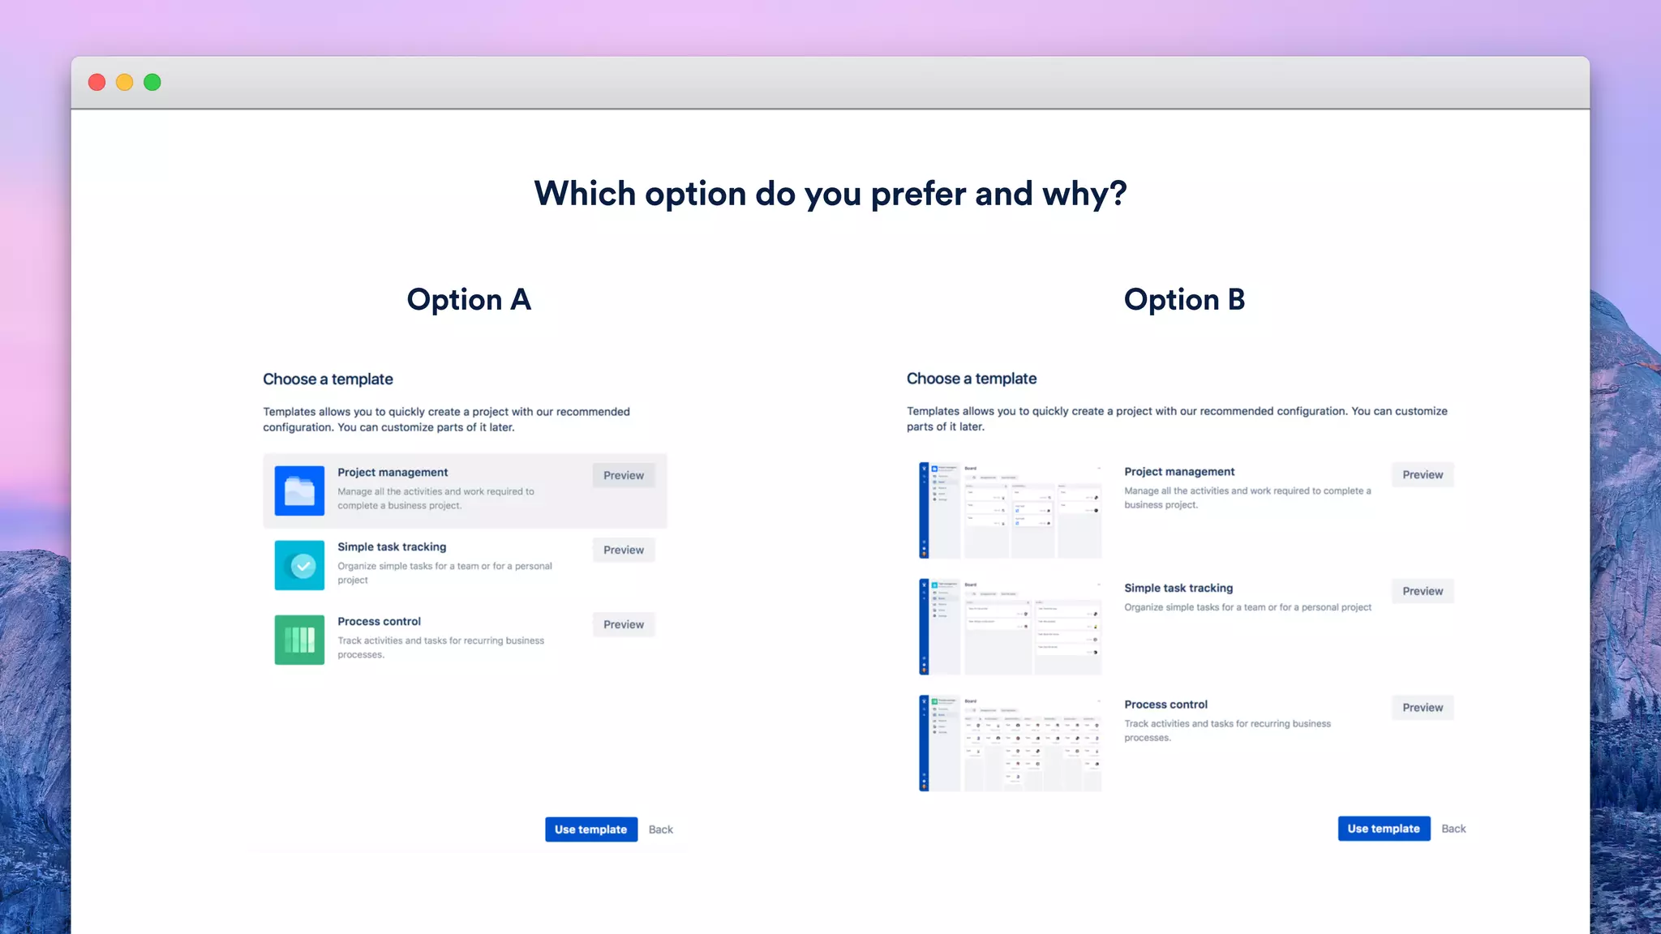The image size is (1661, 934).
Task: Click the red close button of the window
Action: [x=97, y=83]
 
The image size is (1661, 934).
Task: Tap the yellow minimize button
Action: [x=124, y=83]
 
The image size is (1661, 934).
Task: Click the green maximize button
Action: [x=152, y=83]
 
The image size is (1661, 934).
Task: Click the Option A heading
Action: [x=469, y=300]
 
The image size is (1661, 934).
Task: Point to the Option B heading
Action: [x=1184, y=300]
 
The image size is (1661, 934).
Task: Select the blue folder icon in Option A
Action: [x=299, y=491]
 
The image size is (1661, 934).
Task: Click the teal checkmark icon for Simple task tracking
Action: [x=299, y=565]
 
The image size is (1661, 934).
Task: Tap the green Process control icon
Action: [x=299, y=640]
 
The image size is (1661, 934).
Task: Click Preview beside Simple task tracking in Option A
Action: [x=623, y=550]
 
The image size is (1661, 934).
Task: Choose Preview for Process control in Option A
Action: [x=623, y=624]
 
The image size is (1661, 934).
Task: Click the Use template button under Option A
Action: [x=590, y=829]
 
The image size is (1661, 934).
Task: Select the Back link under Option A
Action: [x=660, y=829]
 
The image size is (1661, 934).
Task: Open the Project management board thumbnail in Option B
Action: [x=1010, y=511]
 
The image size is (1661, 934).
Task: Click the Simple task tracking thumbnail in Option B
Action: [x=1010, y=627]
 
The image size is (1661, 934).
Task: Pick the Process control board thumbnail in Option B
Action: [x=1010, y=743]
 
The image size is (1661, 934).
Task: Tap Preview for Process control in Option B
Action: [x=1423, y=708]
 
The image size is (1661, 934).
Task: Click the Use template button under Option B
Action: [x=1384, y=829]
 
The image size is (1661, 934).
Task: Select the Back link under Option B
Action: [x=1453, y=829]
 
